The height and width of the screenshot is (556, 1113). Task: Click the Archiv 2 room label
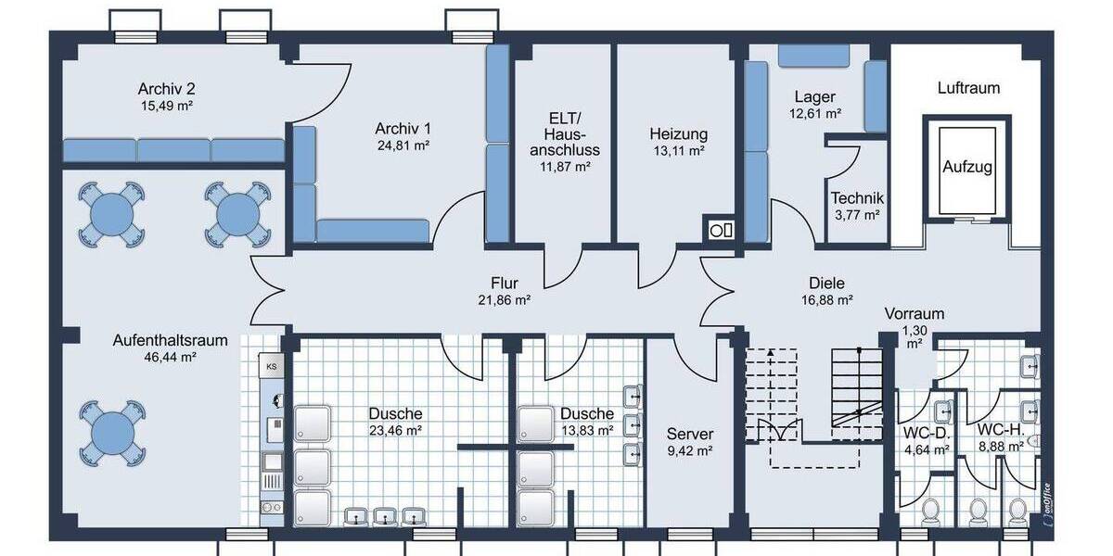166,89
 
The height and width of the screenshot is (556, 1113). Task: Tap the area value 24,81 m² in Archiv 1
403,145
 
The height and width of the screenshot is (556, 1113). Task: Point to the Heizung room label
678,133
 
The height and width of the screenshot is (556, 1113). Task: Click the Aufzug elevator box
967,168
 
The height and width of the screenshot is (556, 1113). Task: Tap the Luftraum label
968,89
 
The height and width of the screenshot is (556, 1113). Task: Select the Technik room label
857,198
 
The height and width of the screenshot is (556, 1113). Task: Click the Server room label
690,434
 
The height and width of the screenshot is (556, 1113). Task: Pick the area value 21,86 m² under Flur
504,300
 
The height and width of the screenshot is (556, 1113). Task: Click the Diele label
826,284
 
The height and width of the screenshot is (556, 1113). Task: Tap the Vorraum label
914,314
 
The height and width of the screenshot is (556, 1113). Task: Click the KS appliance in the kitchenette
272,366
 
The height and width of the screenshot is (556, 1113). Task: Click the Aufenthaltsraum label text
156,339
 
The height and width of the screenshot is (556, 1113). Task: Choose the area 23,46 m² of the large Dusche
395,430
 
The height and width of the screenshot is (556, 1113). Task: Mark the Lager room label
815,97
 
